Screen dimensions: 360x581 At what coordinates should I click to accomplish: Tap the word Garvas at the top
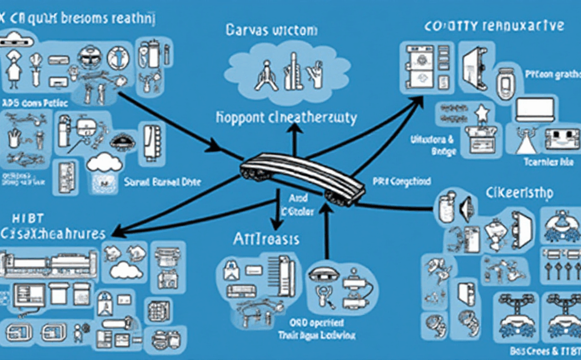click(x=247, y=30)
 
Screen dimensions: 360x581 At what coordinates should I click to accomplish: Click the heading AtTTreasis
click(x=267, y=239)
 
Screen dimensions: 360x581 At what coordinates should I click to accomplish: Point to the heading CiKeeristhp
click(x=520, y=193)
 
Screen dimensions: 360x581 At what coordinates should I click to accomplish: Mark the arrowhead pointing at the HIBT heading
click(x=116, y=232)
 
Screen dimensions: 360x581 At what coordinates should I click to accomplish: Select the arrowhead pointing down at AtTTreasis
click(x=274, y=224)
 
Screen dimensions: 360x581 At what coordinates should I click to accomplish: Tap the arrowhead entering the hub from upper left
click(x=214, y=147)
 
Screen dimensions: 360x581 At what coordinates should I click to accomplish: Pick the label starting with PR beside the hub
click(x=401, y=182)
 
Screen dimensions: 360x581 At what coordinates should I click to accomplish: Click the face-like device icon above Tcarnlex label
click(x=557, y=139)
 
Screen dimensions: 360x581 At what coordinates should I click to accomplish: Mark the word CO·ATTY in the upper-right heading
click(x=452, y=26)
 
